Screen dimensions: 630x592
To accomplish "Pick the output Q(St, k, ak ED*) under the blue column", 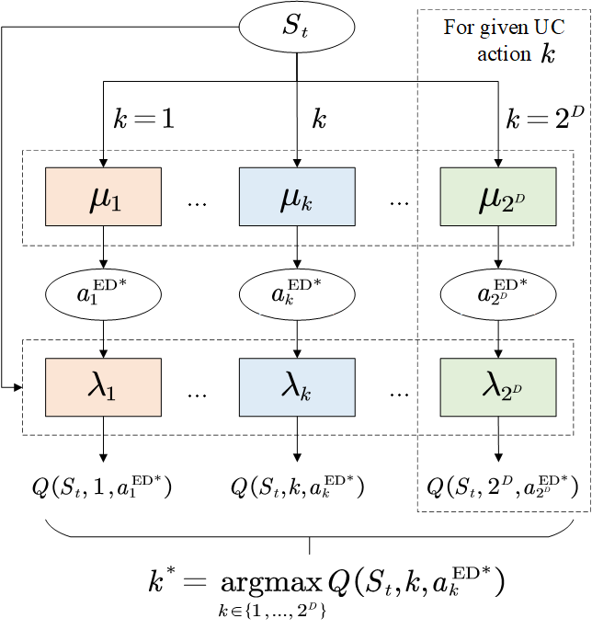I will (x=297, y=486).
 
